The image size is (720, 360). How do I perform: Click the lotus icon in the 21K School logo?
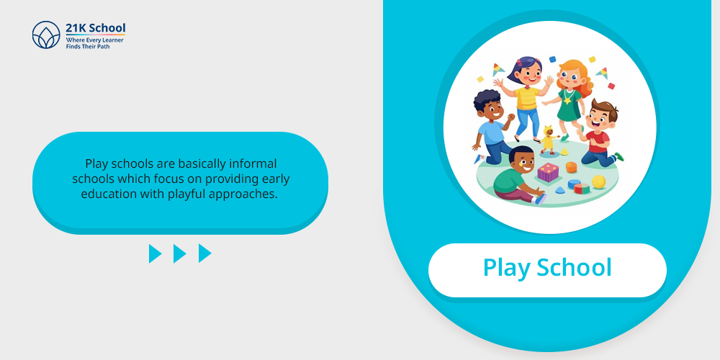(x=46, y=35)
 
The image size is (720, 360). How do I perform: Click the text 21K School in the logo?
(x=96, y=28)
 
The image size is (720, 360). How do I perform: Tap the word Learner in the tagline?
(x=112, y=40)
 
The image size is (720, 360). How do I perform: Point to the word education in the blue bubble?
(x=109, y=194)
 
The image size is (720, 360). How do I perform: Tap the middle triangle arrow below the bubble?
(x=179, y=253)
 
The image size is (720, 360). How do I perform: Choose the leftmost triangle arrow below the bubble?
(x=156, y=253)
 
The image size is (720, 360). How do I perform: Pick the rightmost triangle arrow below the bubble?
(x=204, y=253)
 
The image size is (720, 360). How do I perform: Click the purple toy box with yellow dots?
(x=548, y=172)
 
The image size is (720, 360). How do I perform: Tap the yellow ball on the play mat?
(x=598, y=182)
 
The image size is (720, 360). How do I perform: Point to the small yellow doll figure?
(x=548, y=140)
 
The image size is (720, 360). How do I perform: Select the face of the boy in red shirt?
(x=599, y=120)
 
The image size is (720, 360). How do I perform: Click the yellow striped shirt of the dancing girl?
(x=526, y=98)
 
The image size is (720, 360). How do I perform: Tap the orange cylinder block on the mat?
(x=571, y=167)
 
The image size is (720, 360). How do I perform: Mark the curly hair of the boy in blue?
(x=486, y=98)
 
